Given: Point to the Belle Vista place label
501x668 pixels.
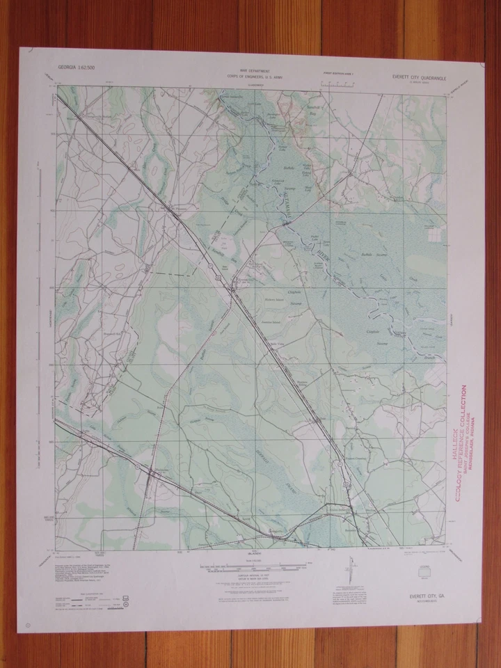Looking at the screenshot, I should coord(278,343).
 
